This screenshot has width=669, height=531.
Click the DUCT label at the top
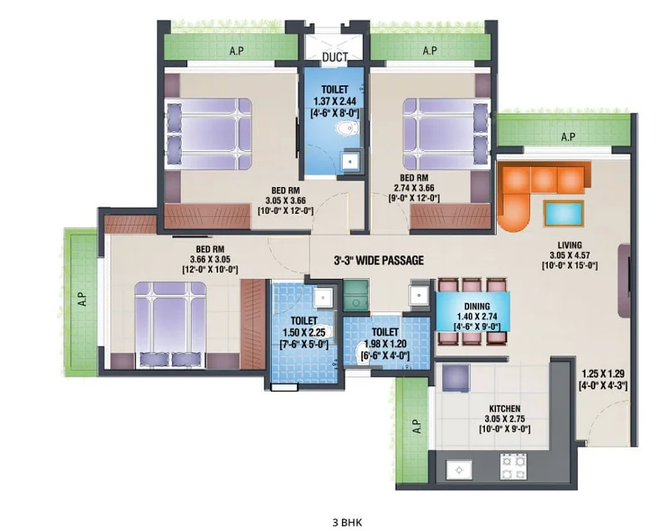[x=334, y=57]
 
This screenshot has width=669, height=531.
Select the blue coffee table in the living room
[x=564, y=213]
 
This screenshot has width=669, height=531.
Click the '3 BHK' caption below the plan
[x=347, y=523]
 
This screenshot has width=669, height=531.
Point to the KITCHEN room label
[x=505, y=408]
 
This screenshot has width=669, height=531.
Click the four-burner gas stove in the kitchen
[x=513, y=467]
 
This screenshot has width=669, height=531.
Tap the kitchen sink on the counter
[x=459, y=470]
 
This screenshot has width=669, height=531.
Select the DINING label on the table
[x=477, y=306]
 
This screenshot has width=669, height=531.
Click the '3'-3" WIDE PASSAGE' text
[x=379, y=260]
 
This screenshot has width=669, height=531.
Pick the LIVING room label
[x=569, y=245]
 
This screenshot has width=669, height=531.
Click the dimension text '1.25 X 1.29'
[x=603, y=374]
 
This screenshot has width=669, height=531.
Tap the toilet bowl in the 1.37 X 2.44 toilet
[x=347, y=128]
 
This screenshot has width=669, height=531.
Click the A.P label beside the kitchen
[x=417, y=427]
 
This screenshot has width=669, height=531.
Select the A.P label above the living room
[x=568, y=137]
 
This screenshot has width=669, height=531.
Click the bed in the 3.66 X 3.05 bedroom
[x=171, y=324]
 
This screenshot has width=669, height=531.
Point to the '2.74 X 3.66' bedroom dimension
[x=414, y=188]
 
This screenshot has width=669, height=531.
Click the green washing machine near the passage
[x=356, y=294]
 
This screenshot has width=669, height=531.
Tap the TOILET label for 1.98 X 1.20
[x=385, y=331]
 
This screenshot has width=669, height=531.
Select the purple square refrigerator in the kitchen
[x=456, y=378]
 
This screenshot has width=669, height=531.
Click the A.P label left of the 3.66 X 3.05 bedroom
[x=82, y=299]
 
